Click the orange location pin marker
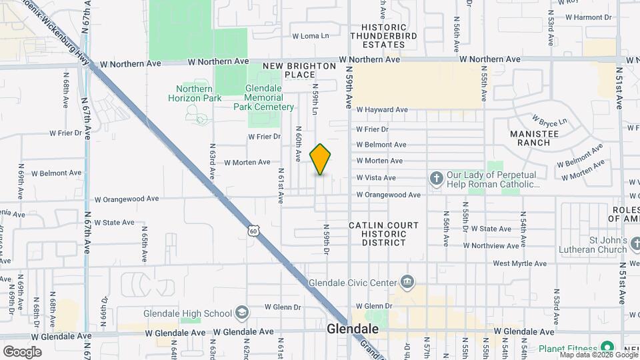click(x=321, y=159)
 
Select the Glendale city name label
click(x=353, y=330)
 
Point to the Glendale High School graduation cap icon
click(x=241, y=313)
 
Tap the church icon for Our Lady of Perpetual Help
click(x=436, y=179)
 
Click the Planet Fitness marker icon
click(x=607, y=348)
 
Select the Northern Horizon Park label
click(x=195, y=94)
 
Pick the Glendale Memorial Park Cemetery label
click(x=263, y=97)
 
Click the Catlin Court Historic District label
click(x=384, y=234)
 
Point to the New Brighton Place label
click(x=299, y=70)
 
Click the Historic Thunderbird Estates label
click(x=384, y=36)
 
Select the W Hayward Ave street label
click(x=382, y=110)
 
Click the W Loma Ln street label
click(x=311, y=36)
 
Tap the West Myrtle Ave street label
click(x=520, y=264)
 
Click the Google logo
click(x=23, y=351)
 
